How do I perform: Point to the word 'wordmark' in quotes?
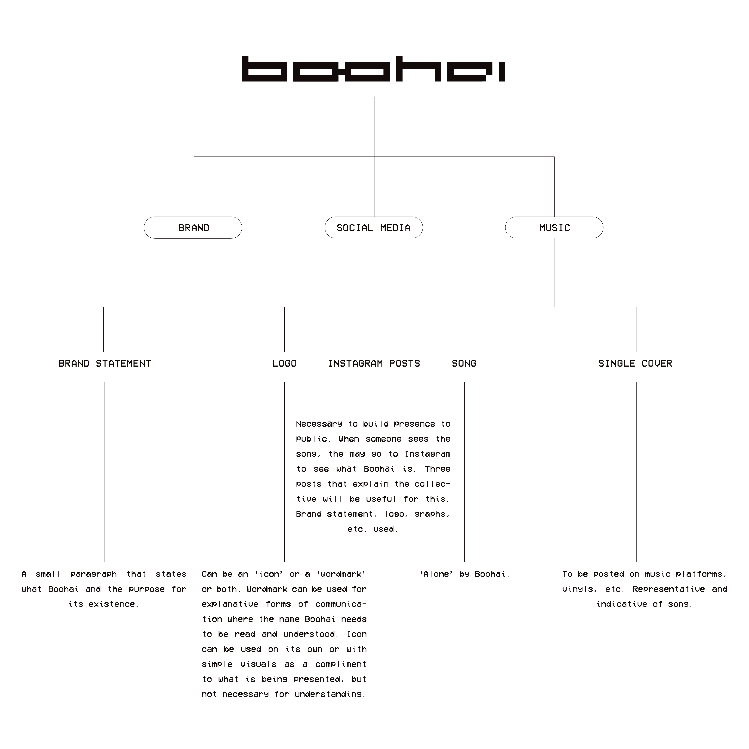pyautogui.click(x=341, y=574)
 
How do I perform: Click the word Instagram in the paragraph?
pyautogui.click(x=428, y=454)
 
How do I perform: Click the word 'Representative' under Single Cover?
pyautogui.click(x=669, y=589)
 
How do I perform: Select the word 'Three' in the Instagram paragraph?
pyautogui.click(x=438, y=469)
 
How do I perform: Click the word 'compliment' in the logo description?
pyautogui.click(x=341, y=664)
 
